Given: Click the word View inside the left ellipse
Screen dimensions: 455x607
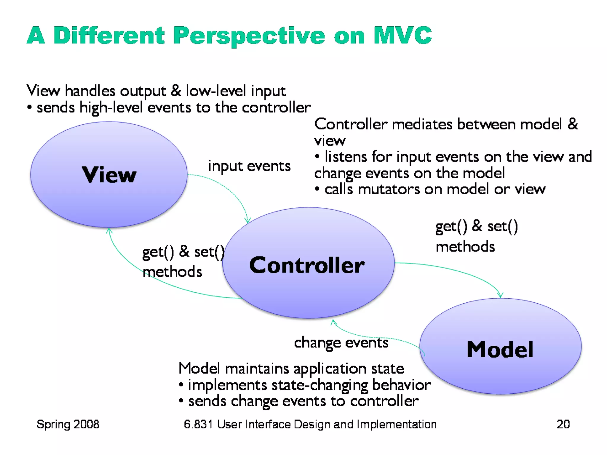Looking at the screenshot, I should [x=109, y=175].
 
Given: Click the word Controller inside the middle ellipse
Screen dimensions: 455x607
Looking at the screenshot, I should [x=307, y=265].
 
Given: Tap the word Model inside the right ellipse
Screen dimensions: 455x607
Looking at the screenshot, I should [x=500, y=350].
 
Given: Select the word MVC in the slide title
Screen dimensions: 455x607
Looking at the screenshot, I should [x=402, y=36].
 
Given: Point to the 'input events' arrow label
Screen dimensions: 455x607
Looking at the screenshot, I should [x=249, y=166].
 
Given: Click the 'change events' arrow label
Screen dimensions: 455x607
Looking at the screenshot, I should [x=341, y=343].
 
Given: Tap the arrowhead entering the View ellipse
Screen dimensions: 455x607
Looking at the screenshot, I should [x=109, y=230].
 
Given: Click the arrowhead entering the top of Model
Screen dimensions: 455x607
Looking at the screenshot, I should [x=500, y=296].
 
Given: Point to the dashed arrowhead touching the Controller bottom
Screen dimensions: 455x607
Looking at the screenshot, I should [x=333, y=322].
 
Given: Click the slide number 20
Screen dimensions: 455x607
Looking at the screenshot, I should [x=563, y=424].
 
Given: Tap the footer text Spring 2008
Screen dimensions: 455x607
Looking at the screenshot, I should [x=68, y=424].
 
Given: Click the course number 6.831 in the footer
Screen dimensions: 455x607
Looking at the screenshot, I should [x=198, y=424].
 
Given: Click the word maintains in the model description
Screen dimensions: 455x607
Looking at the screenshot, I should [x=257, y=369].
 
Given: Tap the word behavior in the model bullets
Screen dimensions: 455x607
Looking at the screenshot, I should [x=401, y=385].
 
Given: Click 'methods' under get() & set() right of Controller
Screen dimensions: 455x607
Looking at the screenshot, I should [x=465, y=246].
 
